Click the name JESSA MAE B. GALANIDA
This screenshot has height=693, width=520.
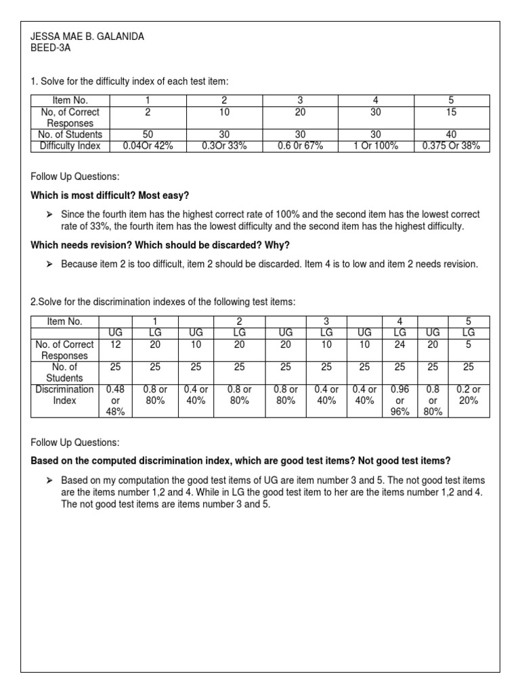coord(89,35)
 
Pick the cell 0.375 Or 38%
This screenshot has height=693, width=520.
coord(451,146)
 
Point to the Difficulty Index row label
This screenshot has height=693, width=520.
coord(70,146)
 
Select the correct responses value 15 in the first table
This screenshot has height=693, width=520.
coord(451,112)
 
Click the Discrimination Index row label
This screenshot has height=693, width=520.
coord(64,395)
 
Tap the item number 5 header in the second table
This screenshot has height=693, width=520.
coord(468,321)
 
